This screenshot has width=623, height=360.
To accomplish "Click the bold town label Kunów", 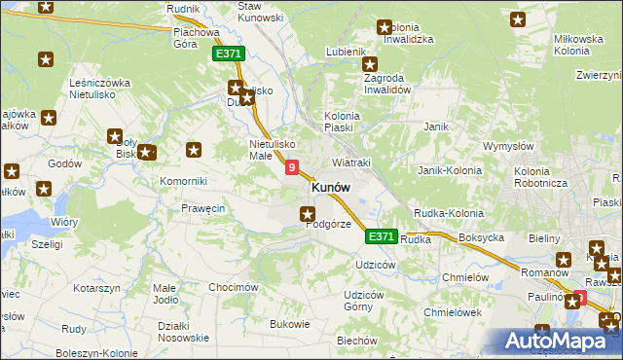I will pyautogui.click(x=331, y=187).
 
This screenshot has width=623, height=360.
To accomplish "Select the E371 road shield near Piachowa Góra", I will pyautogui.click(x=228, y=55).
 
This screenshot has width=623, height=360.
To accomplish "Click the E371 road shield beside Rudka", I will pyautogui.click(x=382, y=236).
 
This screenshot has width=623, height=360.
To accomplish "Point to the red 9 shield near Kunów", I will pyautogui.click(x=292, y=168).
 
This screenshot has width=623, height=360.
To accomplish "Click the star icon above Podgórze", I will pyautogui.click(x=308, y=214).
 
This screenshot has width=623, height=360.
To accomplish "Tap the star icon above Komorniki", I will pyautogui.click(x=195, y=150).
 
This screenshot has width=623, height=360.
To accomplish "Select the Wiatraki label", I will pyautogui.click(x=351, y=162).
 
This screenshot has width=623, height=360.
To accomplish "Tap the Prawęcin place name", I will pyautogui.click(x=203, y=207).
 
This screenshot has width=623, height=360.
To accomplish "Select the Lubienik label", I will pyautogui.click(x=346, y=51).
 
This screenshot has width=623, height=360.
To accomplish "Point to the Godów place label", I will pyautogui.click(x=64, y=163).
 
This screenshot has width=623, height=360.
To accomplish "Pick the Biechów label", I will pyautogui.click(x=356, y=341).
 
